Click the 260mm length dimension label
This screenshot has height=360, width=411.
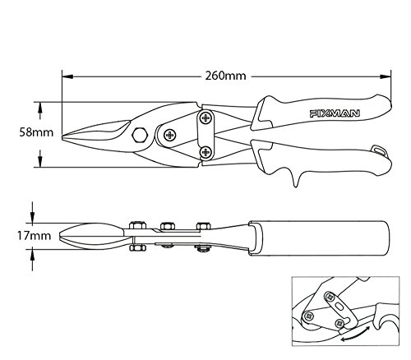[x=226, y=76]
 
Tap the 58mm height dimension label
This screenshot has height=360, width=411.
[x=36, y=132]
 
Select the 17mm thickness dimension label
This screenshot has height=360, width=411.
[x=35, y=236]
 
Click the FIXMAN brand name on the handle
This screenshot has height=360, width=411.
[x=335, y=113]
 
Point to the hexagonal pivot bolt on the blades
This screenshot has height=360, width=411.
[x=140, y=135]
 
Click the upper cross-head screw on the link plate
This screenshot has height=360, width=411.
[x=205, y=118]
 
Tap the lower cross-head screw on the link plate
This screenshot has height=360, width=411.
[x=205, y=151]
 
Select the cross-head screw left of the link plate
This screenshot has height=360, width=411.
[x=170, y=135]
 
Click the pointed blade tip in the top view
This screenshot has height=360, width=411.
[x=62, y=136]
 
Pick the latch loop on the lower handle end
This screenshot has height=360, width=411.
[x=379, y=150]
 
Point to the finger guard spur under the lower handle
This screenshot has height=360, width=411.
[x=296, y=179]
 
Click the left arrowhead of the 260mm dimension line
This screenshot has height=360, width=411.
[x=67, y=76]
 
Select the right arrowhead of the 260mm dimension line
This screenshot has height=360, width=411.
[x=386, y=76]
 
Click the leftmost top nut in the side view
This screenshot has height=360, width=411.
[x=137, y=225]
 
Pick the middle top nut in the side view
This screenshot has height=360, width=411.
[x=168, y=226]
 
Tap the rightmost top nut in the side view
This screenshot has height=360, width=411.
[x=204, y=226]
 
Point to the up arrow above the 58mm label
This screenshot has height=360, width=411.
[x=40, y=111]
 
